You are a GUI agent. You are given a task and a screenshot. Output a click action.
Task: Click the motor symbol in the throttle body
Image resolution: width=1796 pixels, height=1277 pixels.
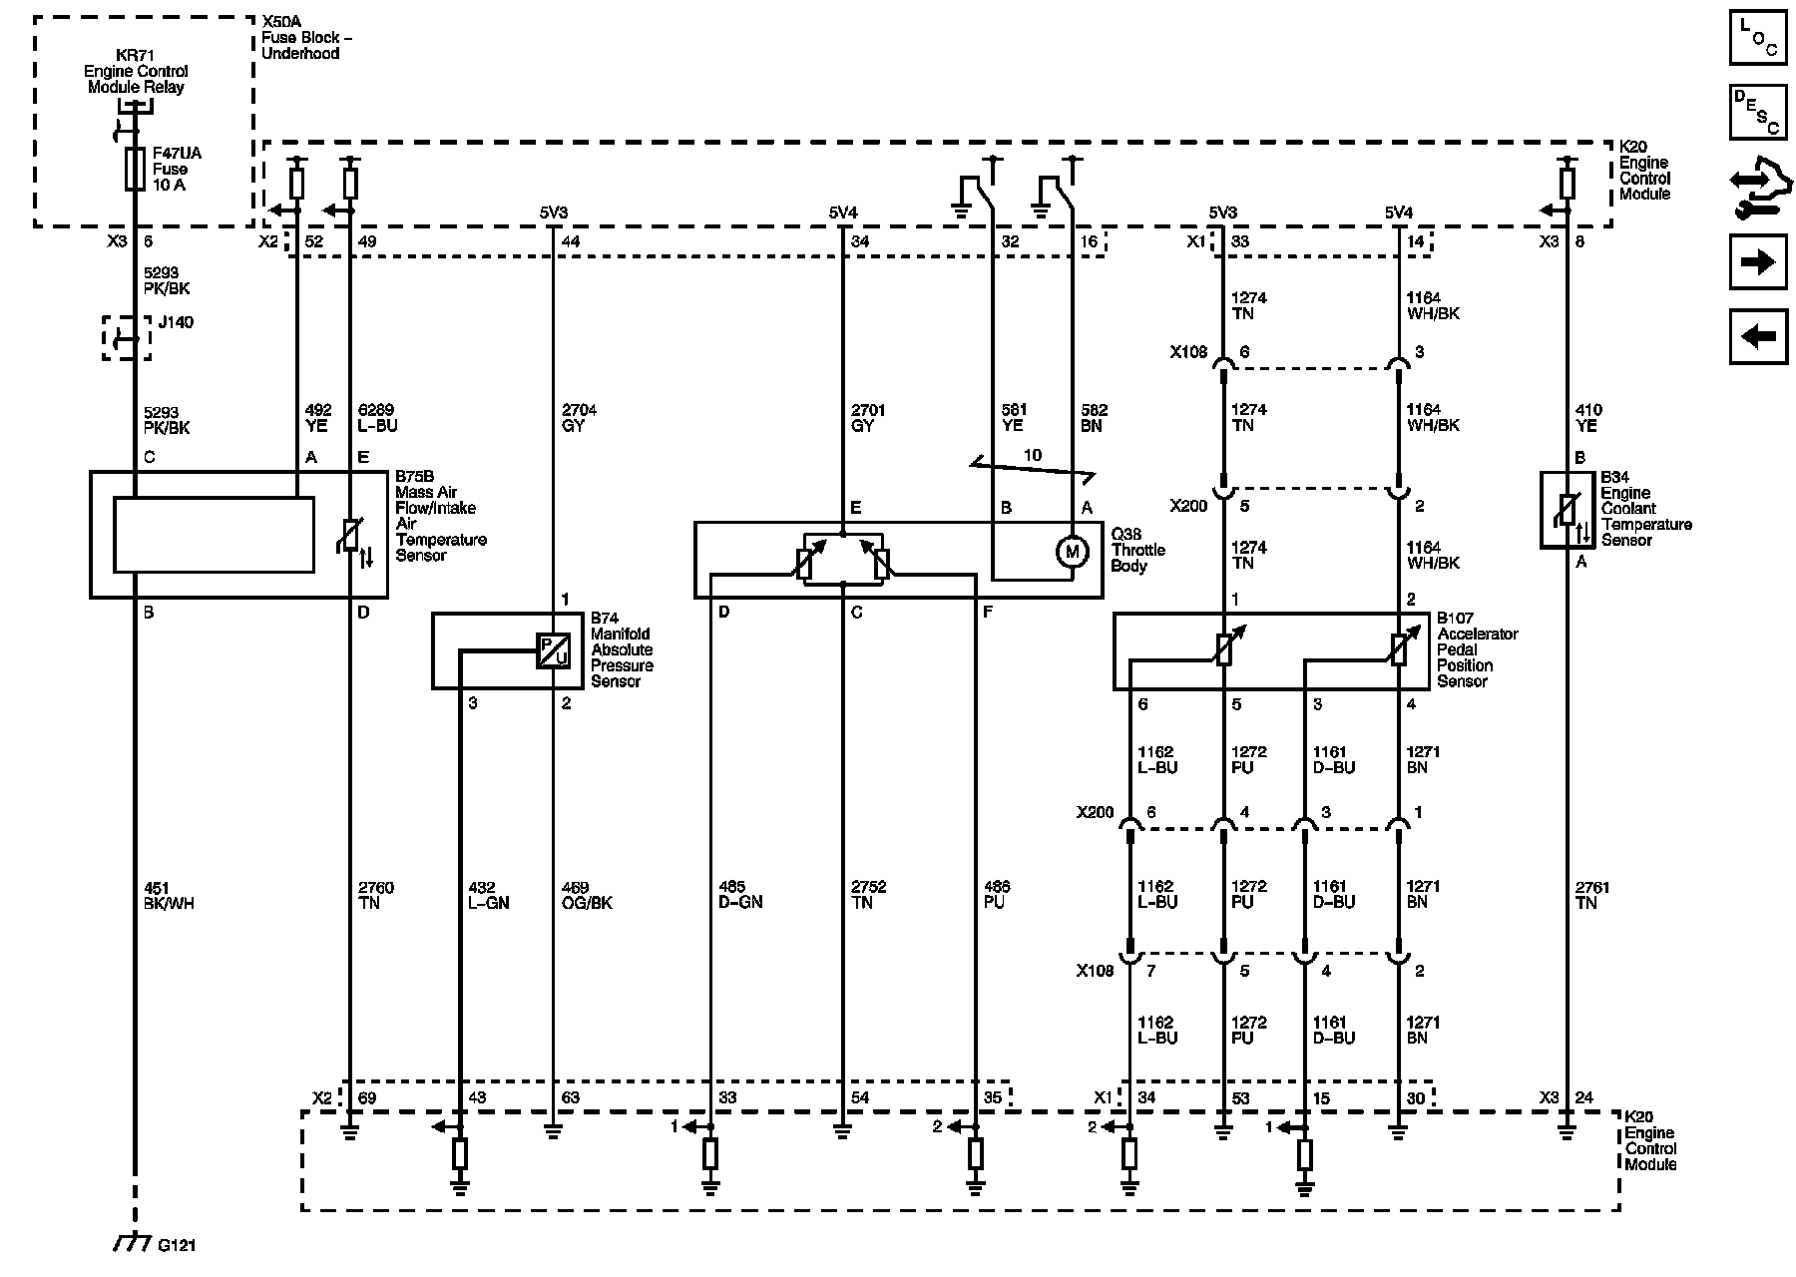[x=1073, y=551]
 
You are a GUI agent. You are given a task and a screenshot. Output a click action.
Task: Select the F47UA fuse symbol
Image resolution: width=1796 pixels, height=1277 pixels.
[x=134, y=170]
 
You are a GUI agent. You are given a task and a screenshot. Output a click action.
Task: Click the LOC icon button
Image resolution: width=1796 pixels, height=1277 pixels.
[x=1758, y=38]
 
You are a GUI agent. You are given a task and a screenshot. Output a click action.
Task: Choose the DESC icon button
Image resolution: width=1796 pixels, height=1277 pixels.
[x=1758, y=112]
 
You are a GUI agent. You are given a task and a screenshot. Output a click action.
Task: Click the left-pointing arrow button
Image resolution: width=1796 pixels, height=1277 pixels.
[x=1758, y=336]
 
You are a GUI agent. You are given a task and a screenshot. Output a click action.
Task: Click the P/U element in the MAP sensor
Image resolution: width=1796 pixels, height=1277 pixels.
[x=553, y=651]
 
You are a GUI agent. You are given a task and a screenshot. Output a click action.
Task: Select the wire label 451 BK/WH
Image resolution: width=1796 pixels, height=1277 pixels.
[x=168, y=895]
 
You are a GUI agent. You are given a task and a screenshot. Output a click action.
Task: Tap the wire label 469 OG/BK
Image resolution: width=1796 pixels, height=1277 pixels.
[x=587, y=895]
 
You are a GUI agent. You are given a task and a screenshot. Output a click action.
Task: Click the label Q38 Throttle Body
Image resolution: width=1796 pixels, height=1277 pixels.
[x=1138, y=550]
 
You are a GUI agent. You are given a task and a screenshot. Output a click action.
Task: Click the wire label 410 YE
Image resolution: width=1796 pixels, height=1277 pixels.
[x=1587, y=418]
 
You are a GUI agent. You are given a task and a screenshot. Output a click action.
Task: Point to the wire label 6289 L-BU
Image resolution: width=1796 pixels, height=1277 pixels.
[x=377, y=418]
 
